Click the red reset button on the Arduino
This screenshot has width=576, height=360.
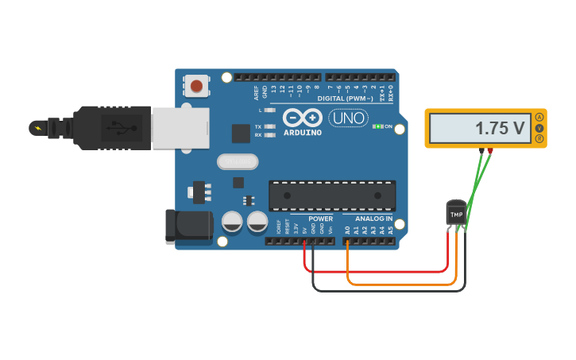(195, 85)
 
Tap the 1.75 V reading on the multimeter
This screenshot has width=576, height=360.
(500, 128)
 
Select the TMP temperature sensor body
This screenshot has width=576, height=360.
(456, 214)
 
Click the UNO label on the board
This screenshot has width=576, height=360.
(347, 118)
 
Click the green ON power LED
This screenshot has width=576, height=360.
(378, 126)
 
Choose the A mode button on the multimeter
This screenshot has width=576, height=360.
(539, 117)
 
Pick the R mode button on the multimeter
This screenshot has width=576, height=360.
(539, 139)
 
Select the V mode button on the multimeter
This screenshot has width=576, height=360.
(539, 128)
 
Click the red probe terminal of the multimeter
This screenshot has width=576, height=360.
(490, 150)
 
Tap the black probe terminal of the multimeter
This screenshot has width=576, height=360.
(481, 150)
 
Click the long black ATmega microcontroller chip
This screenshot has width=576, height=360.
(332, 195)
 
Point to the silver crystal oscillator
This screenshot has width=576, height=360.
(238, 161)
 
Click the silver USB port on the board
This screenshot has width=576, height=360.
(180, 127)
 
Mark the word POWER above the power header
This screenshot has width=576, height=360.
(320, 219)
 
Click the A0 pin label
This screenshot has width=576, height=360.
(347, 230)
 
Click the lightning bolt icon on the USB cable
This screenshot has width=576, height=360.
(37, 127)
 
